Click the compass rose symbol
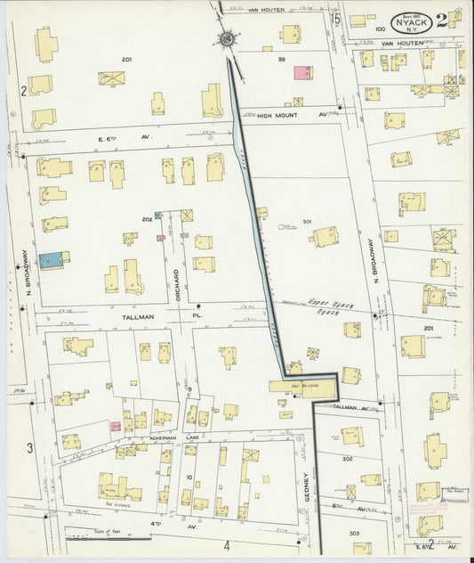(229, 38)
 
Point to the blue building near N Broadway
(51, 259)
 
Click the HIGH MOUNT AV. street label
(293, 115)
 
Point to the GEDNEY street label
(306, 488)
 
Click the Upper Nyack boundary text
(318, 302)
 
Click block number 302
(347, 459)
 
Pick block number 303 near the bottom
(355, 533)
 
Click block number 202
(146, 219)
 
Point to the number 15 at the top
(336, 18)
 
